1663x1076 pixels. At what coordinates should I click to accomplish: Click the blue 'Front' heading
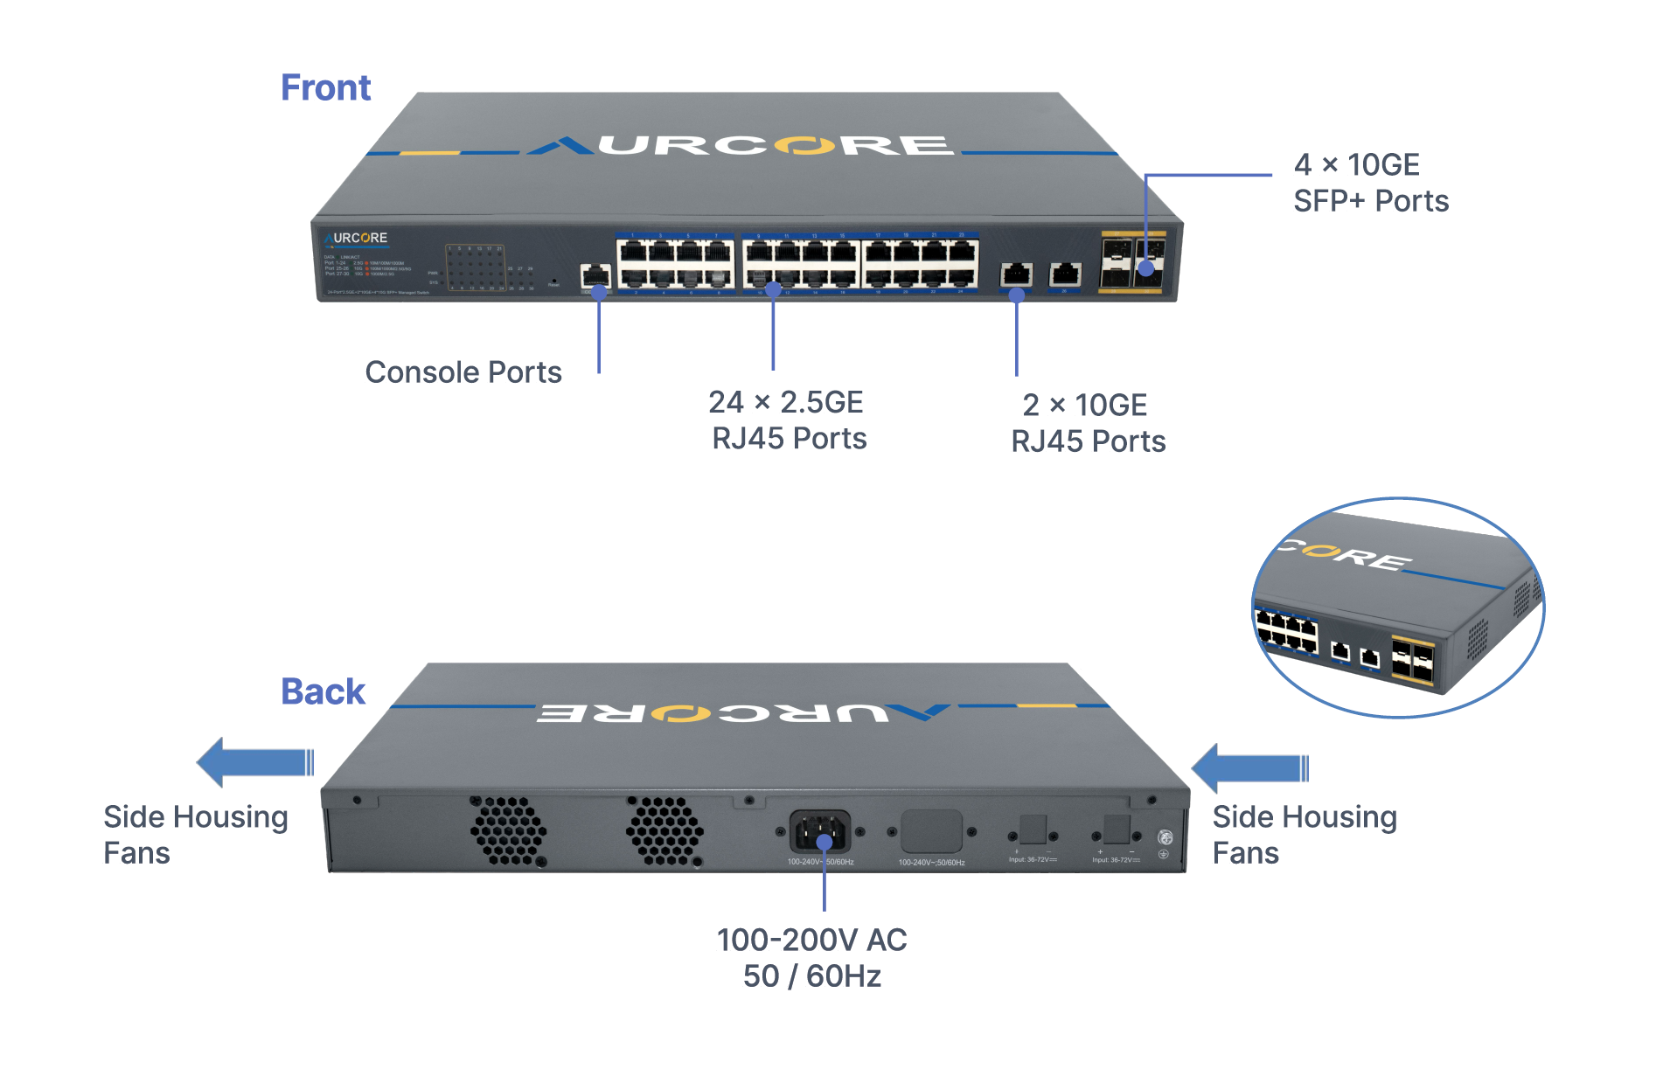tap(325, 88)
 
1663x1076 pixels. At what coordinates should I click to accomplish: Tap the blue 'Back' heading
tap(323, 691)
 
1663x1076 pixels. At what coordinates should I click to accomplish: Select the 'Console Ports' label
tap(463, 372)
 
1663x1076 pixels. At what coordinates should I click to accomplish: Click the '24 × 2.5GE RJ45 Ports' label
tap(788, 420)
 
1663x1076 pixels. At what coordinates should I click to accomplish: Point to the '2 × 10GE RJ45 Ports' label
tap(1088, 423)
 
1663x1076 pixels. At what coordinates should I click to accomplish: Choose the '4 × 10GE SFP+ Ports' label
tap(1370, 183)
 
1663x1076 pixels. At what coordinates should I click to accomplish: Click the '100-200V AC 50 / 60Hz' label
tap(811, 958)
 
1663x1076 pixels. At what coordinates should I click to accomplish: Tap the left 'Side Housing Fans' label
tap(195, 835)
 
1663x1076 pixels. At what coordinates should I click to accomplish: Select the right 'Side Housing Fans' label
tap(1304, 835)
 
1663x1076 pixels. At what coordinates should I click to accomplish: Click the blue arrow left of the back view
tap(254, 762)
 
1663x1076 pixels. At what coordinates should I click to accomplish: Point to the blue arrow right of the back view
tap(1249, 768)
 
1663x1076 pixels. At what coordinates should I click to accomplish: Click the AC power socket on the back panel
tap(819, 831)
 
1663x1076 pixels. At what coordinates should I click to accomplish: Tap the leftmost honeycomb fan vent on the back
tap(508, 830)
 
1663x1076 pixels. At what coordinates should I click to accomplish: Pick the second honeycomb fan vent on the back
tap(664, 830)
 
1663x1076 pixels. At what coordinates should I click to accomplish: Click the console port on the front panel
tap(595, 276)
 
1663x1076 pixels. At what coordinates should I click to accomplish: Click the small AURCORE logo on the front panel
tap(356, 239)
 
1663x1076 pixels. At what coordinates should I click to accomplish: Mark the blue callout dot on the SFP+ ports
tap(1145, 269)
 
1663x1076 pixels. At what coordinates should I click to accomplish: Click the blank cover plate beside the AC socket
tap(931, 831)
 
